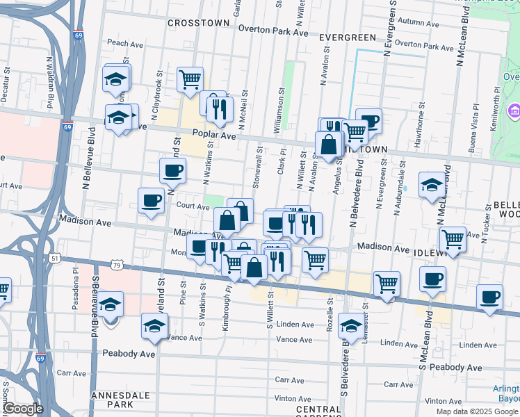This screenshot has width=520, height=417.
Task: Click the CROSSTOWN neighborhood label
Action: point(198,23)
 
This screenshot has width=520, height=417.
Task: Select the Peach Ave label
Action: point(124,43)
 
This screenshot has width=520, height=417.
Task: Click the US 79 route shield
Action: point(117,265)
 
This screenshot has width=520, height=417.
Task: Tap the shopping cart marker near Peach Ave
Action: point(189,79)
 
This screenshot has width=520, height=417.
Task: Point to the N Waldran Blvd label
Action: point(50,83)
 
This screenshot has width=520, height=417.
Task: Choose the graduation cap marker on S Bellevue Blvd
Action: point(109,304)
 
